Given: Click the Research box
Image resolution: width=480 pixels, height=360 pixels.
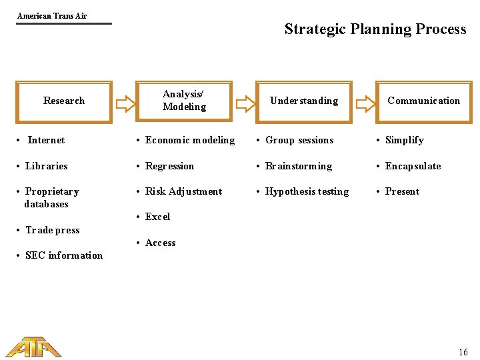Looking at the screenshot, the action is pyautogui.click(x=64, y=101).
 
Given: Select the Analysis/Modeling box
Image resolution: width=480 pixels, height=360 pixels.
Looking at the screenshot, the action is pyautogui.click(x=184, y=101).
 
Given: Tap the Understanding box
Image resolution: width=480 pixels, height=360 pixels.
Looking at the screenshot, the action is pyautogui.click(x=303, y=101).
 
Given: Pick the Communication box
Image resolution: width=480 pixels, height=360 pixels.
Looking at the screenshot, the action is pyautogui.click(x=423, y=101).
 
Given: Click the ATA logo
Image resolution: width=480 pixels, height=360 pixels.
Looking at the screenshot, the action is pyautogui.click(x=33, y=347).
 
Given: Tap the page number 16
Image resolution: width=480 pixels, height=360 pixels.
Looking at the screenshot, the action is pyautogui.click(x=463, y=352).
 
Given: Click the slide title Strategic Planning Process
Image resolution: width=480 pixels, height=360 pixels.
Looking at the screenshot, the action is pyautogui.click(x=375, y=29).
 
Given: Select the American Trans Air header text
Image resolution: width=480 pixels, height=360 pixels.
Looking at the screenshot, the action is pyautogui.click(x=52, y=15).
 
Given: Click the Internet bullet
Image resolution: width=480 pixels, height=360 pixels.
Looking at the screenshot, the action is pyautogui.click(x=46, y=140).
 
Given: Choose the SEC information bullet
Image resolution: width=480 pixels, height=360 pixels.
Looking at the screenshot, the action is pyautogui.click(x=64, y=255).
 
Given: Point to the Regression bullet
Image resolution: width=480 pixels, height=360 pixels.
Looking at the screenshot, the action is pyautogui.click(x=169, y=166).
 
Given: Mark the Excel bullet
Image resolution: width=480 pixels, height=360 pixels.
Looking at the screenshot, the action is pyautogui.click(x=157, y=217).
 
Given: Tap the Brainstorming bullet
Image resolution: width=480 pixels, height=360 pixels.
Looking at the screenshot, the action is pyautogui.click(x=298, y=166).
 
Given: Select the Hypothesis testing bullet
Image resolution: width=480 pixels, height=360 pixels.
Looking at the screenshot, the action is pyautogui.click(x=307, y=191).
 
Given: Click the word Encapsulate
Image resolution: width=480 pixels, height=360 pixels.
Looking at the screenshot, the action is pyautogui.click(x=413, y=166).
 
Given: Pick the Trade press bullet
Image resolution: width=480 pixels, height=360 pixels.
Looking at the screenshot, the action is pyautogui.click(x=52, y=230).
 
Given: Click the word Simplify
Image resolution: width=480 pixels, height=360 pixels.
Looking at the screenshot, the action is pyautogui.click(x=404, y=140).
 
